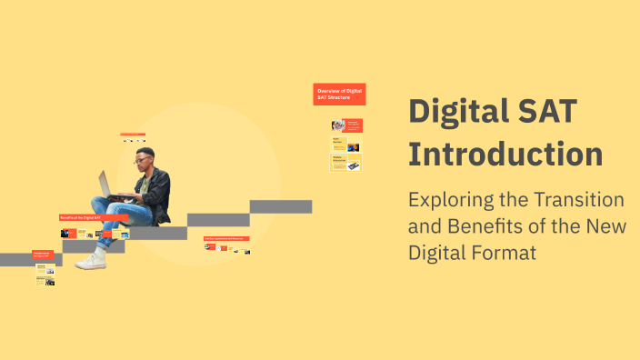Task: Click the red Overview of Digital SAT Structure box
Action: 339,94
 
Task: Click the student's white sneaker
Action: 91,261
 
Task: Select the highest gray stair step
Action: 281,206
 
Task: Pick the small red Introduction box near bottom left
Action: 43,255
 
